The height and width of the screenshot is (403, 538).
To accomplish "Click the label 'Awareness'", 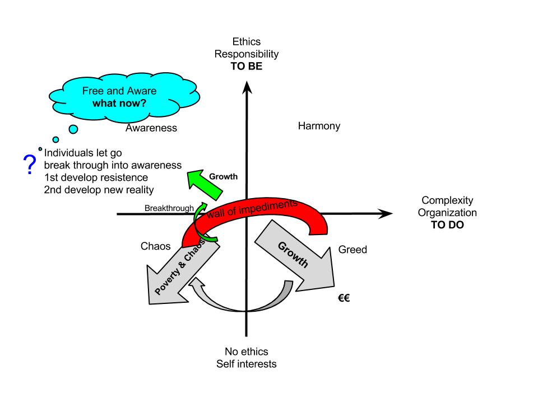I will click(x=151, y=128).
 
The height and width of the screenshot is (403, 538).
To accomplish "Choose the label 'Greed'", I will click(x=353, y=250).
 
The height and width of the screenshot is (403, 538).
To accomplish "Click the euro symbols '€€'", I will click(x=344, y=298).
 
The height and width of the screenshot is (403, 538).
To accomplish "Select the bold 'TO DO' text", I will click(x=447, y=225).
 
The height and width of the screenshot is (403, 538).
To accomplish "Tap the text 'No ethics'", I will click(x=247, y=352).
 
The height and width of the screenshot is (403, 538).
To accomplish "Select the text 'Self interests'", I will click(x=247, y=364).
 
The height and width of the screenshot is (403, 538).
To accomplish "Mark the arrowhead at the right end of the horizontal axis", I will click(x=387, y=213).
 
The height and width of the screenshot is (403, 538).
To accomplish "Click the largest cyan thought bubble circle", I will click(x=73, y=129).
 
